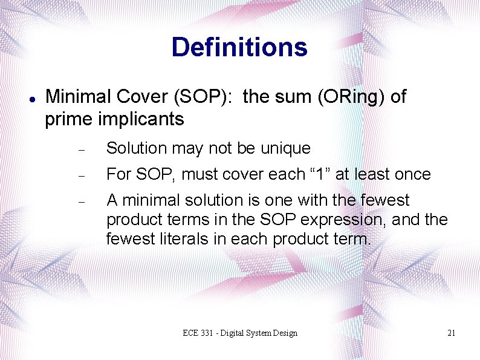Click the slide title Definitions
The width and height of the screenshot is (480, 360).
click(x=239, y=47)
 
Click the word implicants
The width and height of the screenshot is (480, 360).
click(x=141, y=119)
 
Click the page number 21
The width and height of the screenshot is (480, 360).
click(x=451, y=333)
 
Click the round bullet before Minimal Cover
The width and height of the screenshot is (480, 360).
click(x=30, y=98)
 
